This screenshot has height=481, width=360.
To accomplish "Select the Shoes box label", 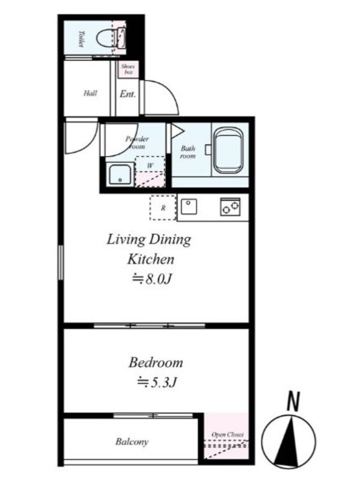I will tap(127, 69).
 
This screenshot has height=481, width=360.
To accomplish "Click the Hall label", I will tap(90, 94).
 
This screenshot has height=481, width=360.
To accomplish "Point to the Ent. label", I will tap(127, 94).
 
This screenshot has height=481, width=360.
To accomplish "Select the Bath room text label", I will tap(189, 152).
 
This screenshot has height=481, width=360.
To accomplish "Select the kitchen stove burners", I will tap(230, 207).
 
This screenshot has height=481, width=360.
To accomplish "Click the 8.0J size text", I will tap(153, 279).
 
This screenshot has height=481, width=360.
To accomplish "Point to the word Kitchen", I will tap(150, 260).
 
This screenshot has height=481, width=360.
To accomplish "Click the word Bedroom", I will tap(155, 363).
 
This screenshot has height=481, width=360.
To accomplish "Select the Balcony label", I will tap(132, 442).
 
